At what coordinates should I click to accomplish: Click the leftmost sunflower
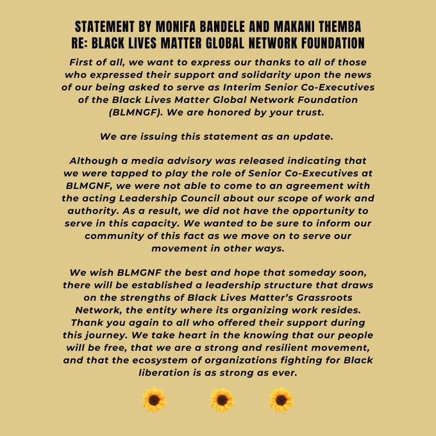[x=154, y=400]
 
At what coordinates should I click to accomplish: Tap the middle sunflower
[x=221, y=400]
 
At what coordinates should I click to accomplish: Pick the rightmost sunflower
[x=281, y=400]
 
